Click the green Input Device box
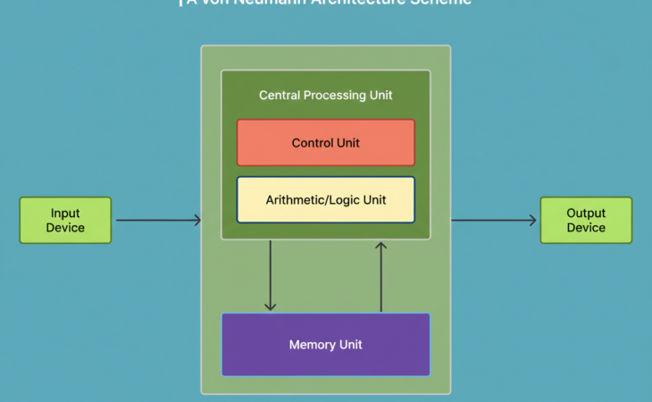click(x=65, y=220)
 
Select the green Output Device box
click(x=586, y=220)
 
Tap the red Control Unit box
click(x=325, y=143)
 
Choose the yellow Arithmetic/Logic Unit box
click(x=325, y=199)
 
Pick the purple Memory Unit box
click(x=325, y=344)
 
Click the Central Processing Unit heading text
click(x=325, y=95)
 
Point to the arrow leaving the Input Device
click(x=157, y=220)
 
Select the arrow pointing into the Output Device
click(x=494, y=220)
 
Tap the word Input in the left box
click(x=65, y=214)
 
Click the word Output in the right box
click(x=586, y=214)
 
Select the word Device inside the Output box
click(x=586, y=228)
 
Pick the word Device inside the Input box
click(x=65, y=228)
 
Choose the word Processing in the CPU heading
click(x=329, y=95)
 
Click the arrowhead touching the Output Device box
click(x=533, y=220)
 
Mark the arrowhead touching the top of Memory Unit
click(x=270, y=306)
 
